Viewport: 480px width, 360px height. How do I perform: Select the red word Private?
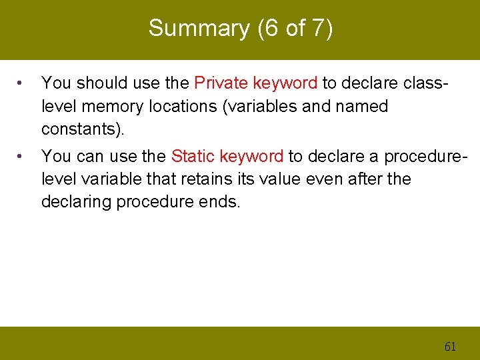click(220, 83)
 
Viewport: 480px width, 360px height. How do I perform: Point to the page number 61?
click(451, 346)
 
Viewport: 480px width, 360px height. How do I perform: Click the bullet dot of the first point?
click(22, 84)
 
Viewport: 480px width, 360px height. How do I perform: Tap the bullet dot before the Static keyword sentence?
click(22, 157)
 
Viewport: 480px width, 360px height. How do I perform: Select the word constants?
click(81, 128)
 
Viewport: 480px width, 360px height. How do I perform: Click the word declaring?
click(76, 201)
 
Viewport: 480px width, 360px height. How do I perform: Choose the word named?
click(362, 106)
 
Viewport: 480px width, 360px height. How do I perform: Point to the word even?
click(330, 179)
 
